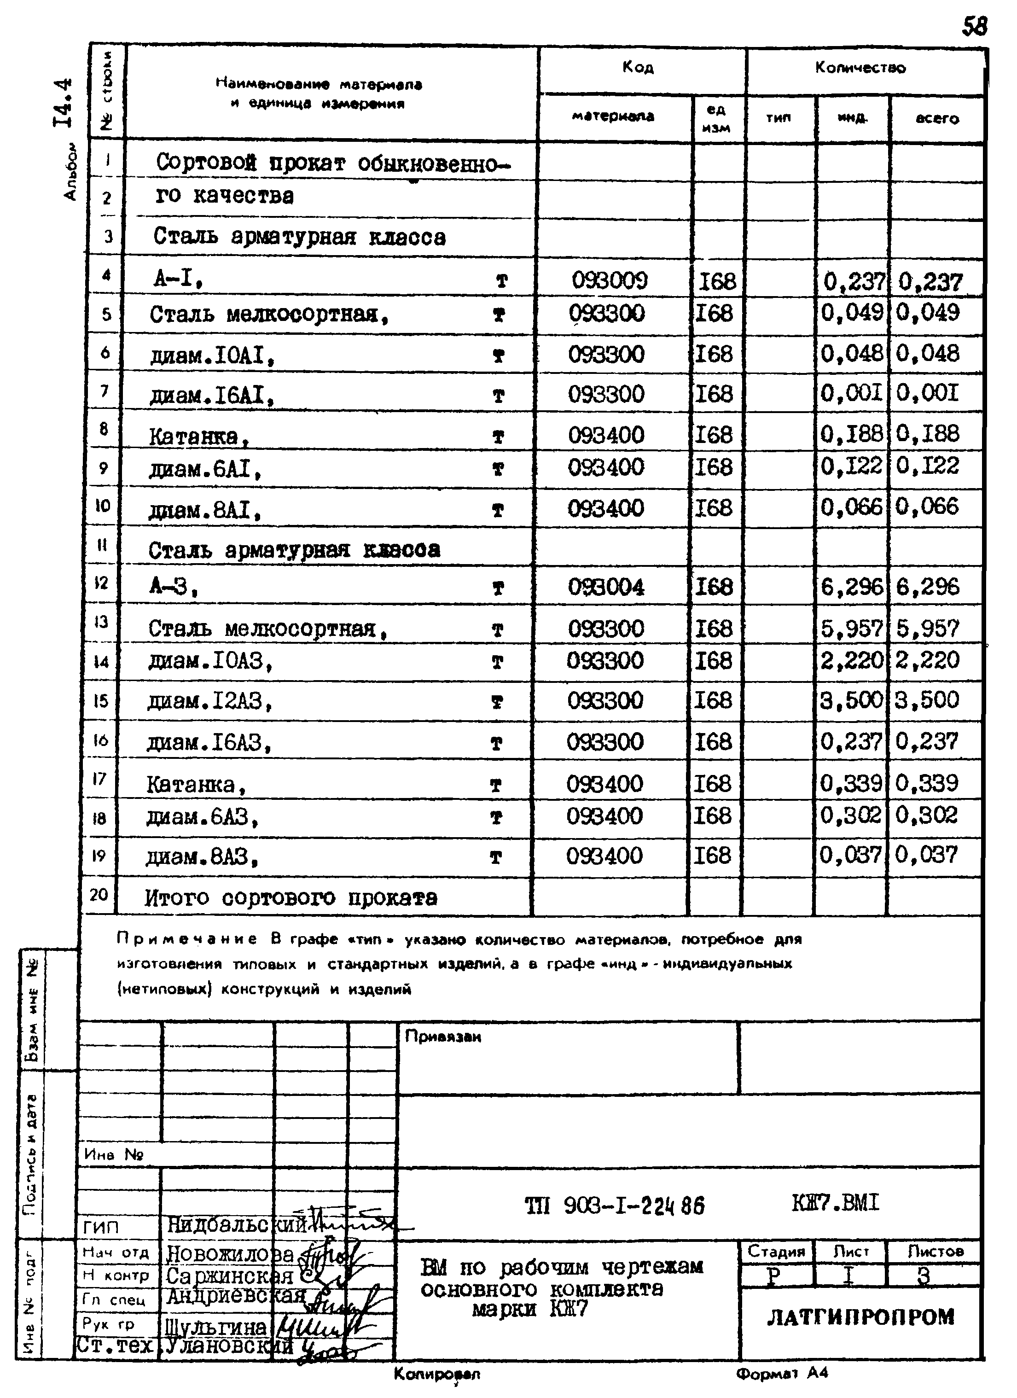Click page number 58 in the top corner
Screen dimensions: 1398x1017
974,26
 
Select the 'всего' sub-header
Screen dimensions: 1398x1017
937,118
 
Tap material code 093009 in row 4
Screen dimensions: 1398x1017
610,281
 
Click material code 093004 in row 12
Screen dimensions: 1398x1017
606,586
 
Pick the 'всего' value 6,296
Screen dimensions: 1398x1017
928,586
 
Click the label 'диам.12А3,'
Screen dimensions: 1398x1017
209,701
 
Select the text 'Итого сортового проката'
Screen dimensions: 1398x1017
291,897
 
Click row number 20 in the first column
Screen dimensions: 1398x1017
99,895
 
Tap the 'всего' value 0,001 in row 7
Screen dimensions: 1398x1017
928,393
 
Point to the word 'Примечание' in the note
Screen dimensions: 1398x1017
187,939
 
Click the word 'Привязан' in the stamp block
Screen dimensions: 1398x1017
442,1037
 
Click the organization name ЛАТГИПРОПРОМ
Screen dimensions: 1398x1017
860,1317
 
